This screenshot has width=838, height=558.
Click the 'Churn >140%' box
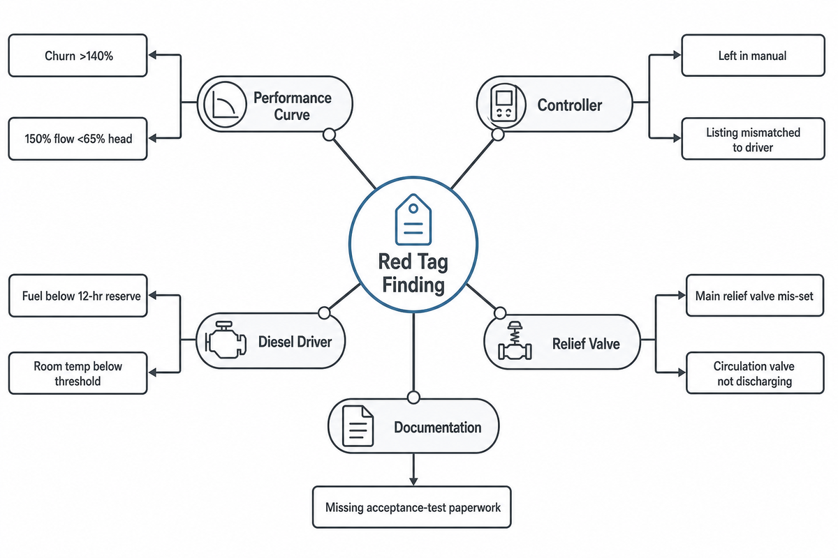[x=78, y=56]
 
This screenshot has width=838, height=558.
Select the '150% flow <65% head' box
[x=78, y=139]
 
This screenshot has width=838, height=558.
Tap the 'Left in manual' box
[x=753, y=56]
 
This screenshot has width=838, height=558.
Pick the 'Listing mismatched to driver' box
[x=753, y=139]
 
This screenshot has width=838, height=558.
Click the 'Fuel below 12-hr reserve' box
[x=78, y=296]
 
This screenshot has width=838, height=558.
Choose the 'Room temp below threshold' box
[x=78, y=373]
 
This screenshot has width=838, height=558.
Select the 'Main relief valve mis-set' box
[x=755, y=296]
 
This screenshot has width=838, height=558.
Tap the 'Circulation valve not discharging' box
[x=755, y=373]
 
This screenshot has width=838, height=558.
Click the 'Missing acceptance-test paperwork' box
[x=412, y=507]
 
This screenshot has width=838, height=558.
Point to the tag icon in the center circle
[x=413, y=220]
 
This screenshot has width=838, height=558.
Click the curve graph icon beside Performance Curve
[x=225, y=104]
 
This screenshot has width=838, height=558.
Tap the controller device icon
[x=503, y=103]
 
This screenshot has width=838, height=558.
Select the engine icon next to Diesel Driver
[x=226, y=340]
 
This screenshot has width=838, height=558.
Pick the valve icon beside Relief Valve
[x=515, y=340]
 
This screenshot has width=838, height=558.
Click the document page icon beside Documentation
[x=358, y=426]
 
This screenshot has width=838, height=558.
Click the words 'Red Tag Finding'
[x=413, y=273]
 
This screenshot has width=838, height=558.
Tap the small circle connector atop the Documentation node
[x=413, y=398]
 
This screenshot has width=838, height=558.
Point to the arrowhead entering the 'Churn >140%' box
[x=153, y=55]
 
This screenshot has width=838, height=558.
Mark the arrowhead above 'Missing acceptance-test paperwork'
[x=413, y=481]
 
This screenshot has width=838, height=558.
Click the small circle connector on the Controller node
[x=498, y=135]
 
